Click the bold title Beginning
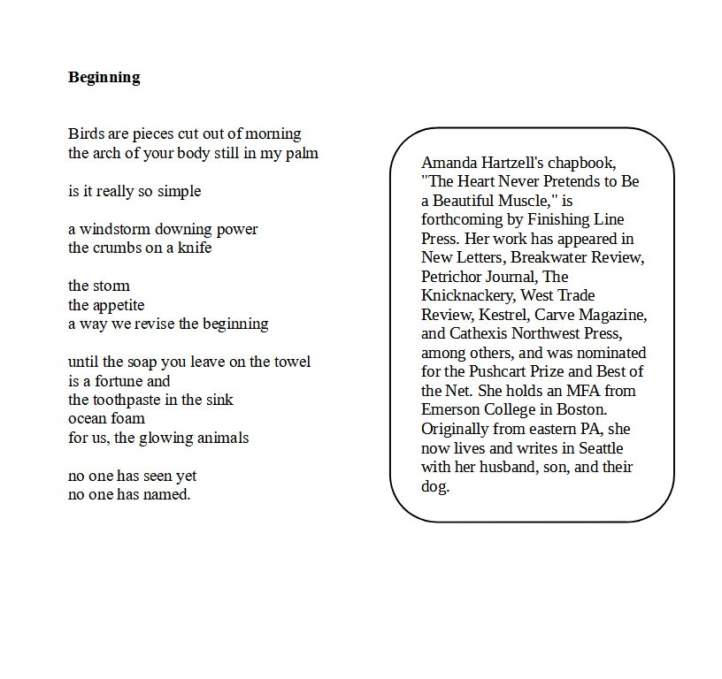(x=104, y=77)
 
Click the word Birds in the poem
(x=87, y=134)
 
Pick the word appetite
(x=119, y=305)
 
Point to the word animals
(x=218, y=438)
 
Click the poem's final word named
(x=168, y=494)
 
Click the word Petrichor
(x=453, y=277)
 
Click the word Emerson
(x=451, y=409)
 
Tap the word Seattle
(x=601, y=447)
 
